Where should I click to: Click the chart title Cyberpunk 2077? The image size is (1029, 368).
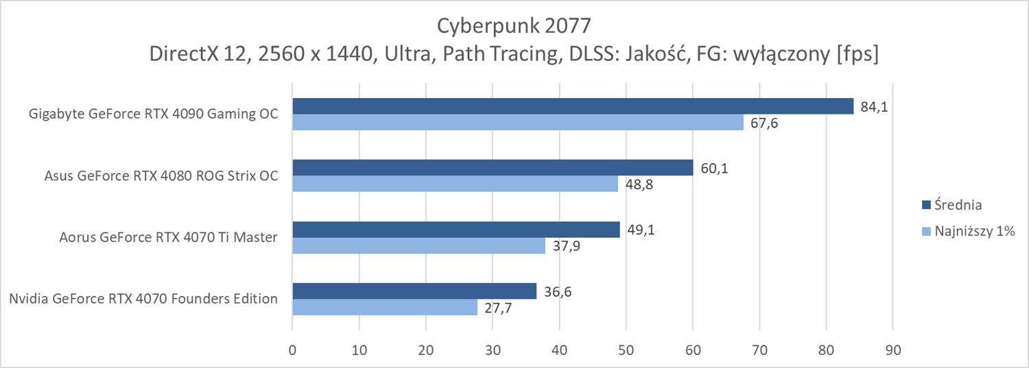(514, 25)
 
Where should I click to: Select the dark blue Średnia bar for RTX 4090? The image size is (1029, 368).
(573, 106)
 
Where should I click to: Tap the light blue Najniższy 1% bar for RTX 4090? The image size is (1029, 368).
(518, 123)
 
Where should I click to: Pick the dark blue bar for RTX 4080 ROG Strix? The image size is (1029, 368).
(493, 168)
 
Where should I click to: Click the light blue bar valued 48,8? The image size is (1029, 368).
(455, 184)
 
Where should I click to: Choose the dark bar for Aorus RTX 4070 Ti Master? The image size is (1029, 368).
(456, 230)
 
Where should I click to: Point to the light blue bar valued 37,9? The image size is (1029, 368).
(418, 246)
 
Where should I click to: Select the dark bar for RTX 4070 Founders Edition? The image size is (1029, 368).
(414, 291)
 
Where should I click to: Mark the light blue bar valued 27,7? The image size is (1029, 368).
(385, 308)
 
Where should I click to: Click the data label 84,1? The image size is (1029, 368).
(873, 106)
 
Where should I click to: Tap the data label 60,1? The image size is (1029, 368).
(713, 168)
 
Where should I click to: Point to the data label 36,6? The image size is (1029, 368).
(557, 291)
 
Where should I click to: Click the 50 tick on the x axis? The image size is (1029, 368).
(626, 349)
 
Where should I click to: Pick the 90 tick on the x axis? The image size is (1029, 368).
(892, 349)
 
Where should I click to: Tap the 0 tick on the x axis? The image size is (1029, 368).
(292, 349)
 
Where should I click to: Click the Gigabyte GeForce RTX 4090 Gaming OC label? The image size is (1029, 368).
(154, 114)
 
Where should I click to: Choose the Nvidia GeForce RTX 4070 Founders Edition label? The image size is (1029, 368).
(143, 299)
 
